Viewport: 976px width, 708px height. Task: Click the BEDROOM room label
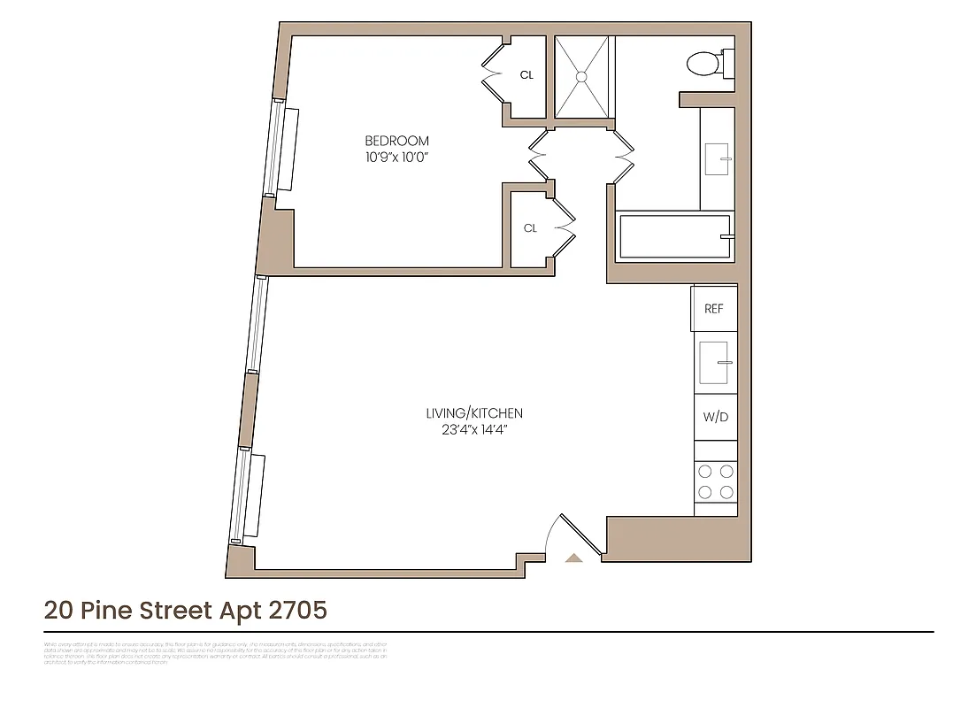pyautogui.click(x=396, y=141)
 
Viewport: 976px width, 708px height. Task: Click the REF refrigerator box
pyautogui.click(x=713, y=309)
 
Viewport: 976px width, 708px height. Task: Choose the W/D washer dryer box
pyautogui.click(x=715, y=417)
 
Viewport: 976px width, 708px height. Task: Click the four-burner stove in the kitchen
pyautogui.click(x=715, y=482)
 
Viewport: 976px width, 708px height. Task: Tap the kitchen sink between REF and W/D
pyautogui.click(x=715, y=363)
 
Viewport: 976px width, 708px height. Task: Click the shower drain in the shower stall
pyautogui.click(x=582, y=77)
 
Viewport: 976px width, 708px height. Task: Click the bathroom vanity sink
pyautogui.click(x=717, y=159)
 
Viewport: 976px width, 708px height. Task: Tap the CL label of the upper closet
pyautogui.click(x=526, y=75)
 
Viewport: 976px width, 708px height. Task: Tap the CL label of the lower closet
pyautogui.click(x=530, y=228)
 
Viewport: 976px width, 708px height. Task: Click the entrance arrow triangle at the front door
pyautogui.click(x=573, y=558)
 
